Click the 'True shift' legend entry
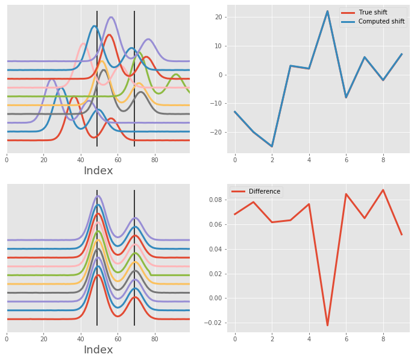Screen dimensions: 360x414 pos(372,12)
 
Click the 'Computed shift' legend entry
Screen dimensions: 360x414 pos(380,22)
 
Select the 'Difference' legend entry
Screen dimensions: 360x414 pos(264,191)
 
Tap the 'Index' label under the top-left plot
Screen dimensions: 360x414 pos(98,171)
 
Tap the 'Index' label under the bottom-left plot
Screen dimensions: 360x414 pos(98,350)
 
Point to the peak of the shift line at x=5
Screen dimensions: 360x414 pos(328,11)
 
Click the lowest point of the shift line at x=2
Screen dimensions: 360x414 pos(272,147)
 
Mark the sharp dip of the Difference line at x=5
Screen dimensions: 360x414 pos(328,326)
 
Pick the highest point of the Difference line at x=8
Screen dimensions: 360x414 pos(383,190)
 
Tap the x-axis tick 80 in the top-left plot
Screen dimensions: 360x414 pos(155,160)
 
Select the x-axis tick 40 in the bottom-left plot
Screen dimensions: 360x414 pos(81,339)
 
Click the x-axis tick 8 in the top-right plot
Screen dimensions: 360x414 pos(383,160)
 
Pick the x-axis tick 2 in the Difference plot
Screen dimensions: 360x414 pos(272,339)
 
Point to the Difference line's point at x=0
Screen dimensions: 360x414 pos(235,214)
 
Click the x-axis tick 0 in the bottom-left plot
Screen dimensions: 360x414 pos(7,339)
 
